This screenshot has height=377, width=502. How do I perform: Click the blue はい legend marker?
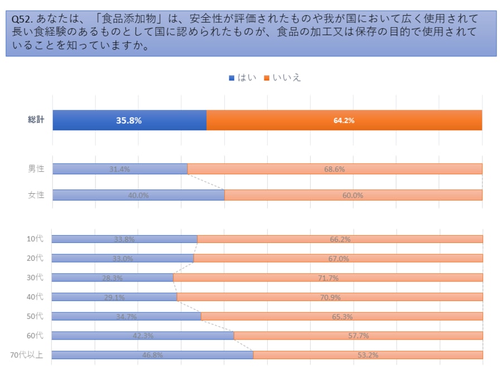coord(231,78)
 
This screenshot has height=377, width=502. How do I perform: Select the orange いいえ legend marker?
coord(267,78)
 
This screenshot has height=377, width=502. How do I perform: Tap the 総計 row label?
coord(36,120)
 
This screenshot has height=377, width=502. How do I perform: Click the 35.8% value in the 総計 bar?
coord(129,120)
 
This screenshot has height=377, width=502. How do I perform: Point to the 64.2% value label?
coord(344,120)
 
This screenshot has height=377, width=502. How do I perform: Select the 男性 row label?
coord(36,169)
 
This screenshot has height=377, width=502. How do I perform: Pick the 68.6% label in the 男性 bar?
coord(335,169)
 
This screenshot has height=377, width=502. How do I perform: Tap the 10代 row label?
coord(35,239)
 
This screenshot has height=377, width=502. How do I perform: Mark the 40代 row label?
coord(35,297)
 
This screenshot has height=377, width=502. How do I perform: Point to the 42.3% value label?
coord(143,336)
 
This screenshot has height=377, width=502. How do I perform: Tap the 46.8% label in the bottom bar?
coord(152,355)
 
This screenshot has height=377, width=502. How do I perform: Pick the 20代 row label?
coord(35,259)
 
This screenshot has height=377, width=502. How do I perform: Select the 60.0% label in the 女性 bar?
coord(353,195)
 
